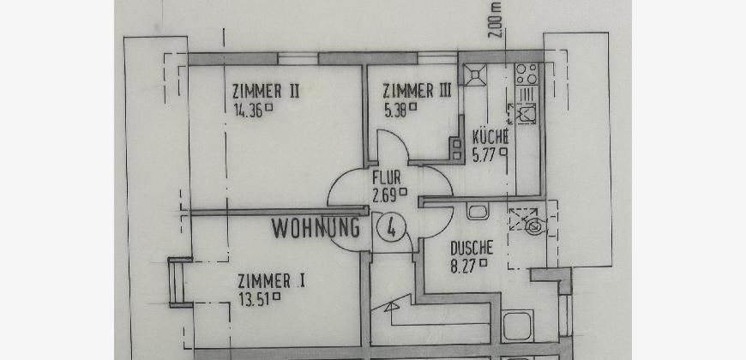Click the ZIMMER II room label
tap(266, 90)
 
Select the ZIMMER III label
tap(417, 90)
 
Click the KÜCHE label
tap(490, 137)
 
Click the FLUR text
tap(387, 178)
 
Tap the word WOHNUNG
tap(316, 228)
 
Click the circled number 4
tap(391, 227)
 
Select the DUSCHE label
tap(472, 249)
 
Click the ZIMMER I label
tap(271, 281)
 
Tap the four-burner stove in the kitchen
tap(526, 74)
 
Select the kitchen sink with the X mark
tap(526, 114)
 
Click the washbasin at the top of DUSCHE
tap(478, 211)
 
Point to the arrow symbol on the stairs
tap(393, 307)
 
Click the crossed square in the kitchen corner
tap(475, 75)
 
